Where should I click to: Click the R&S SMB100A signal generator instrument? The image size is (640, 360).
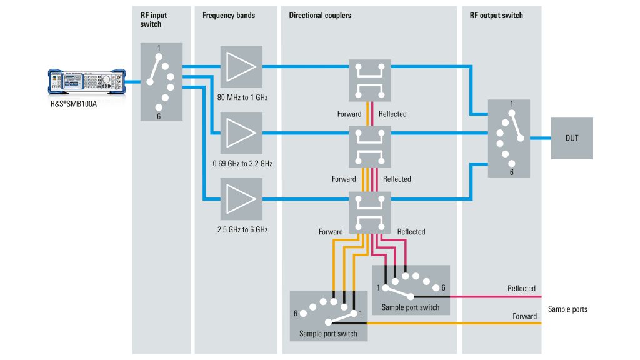86,81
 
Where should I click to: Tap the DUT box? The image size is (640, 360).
571,137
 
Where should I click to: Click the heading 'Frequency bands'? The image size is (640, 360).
229,16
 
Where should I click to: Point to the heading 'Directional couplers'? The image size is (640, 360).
320,16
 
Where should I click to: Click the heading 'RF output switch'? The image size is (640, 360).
496,16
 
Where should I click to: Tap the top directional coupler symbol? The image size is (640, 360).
369,81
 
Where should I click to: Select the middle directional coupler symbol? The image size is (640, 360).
369,147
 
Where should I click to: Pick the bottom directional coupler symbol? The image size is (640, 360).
369,212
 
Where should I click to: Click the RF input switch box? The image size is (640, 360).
161,81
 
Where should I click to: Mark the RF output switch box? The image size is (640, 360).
509,138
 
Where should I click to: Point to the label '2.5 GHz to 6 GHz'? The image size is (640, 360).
242,229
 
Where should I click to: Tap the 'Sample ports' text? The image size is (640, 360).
567,309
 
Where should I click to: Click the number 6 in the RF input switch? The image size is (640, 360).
159,116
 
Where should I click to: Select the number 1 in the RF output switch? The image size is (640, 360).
511,104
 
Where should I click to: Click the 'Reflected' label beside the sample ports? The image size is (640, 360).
521,289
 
